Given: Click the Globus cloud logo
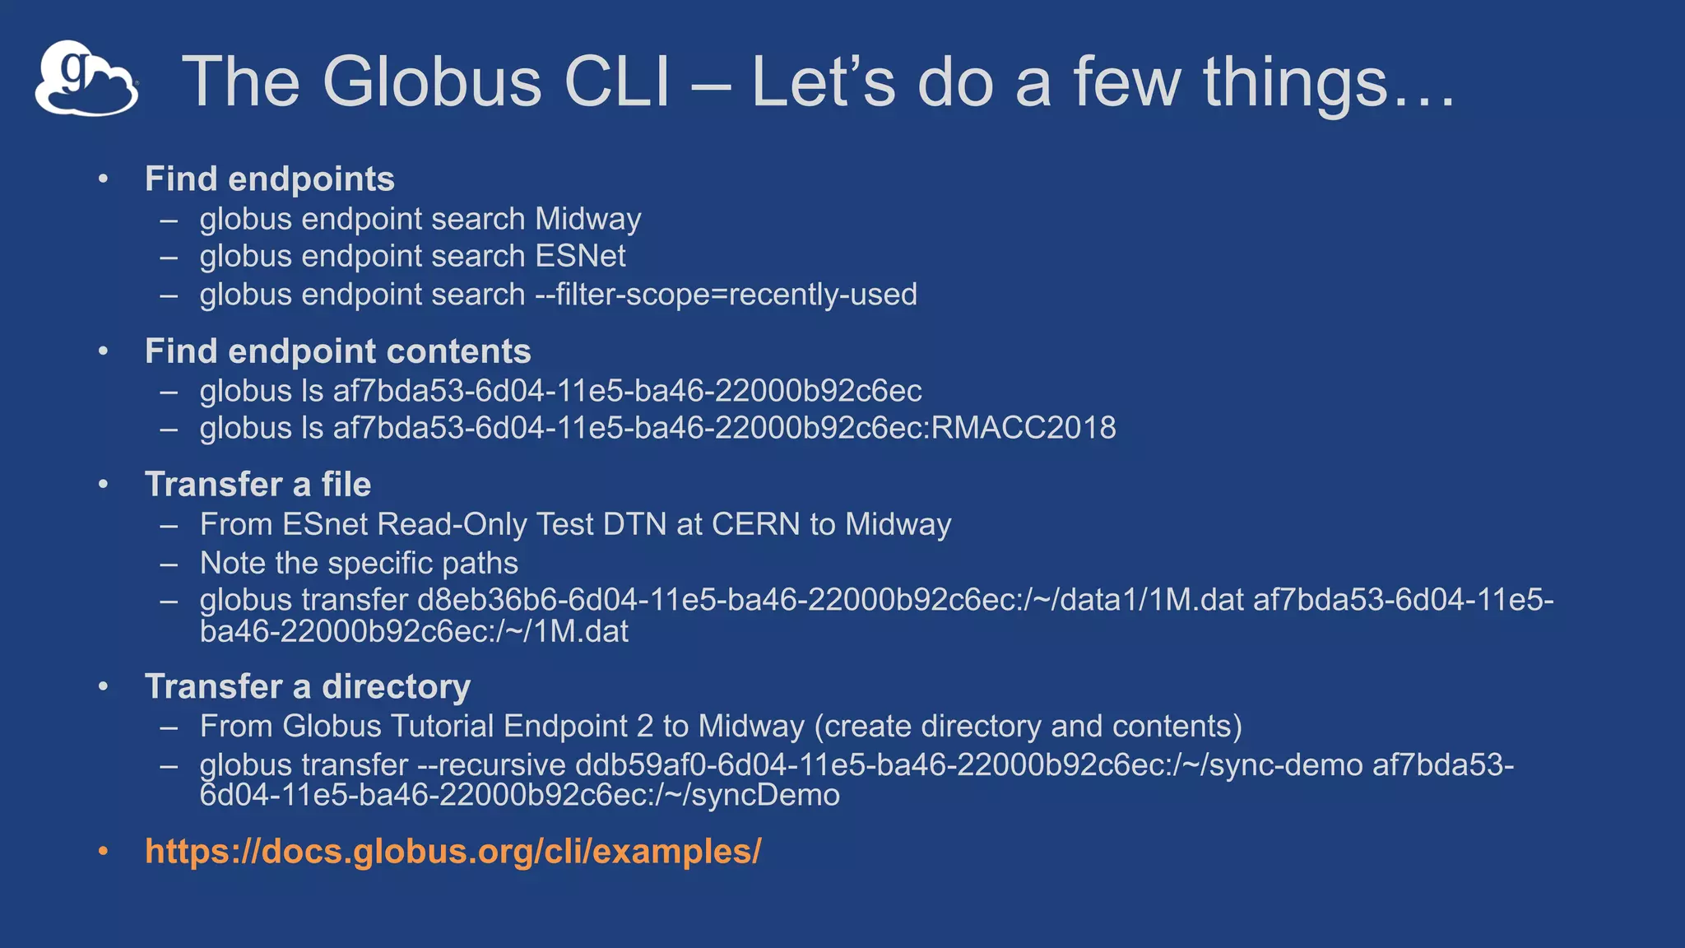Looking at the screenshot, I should tap(86, 79).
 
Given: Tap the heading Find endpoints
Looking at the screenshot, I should tap(269, 179).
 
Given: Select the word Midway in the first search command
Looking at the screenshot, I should tap(587, 220).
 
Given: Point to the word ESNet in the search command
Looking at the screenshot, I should tap(580, 257).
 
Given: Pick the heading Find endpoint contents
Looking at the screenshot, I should tap(337, 351).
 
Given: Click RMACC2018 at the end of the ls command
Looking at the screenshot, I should tap(1024, 428).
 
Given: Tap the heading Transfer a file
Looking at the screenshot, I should tap(258, 485).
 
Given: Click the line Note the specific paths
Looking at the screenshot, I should tap(359, 564).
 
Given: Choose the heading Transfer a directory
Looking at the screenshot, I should tap(308, 687).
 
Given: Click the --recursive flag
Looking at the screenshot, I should tap(491, 765).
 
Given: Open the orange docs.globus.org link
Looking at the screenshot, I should tap(453, 852).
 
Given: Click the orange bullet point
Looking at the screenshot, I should tap(103, 851).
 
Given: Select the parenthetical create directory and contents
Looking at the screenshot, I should tap(1028, 727).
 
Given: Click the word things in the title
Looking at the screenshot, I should tap(1295, 81).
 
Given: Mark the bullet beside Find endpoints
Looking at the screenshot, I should tap(103, 179).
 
